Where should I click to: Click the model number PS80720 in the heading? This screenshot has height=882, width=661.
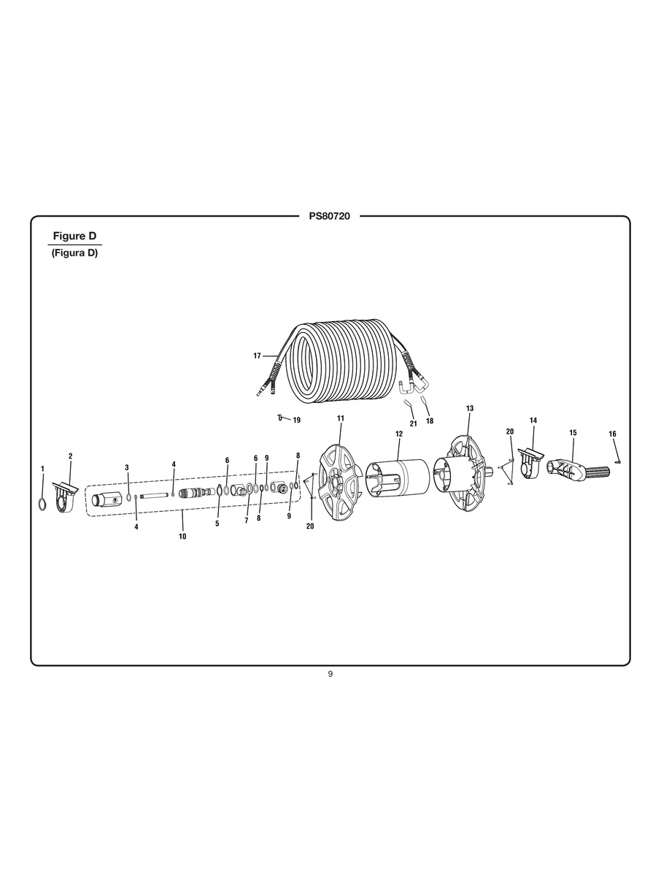(330, 216)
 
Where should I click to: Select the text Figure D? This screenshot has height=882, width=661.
(74, 237)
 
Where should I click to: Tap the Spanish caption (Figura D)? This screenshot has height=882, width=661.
(74, 253)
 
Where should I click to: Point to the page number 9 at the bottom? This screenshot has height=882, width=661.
(330, 674)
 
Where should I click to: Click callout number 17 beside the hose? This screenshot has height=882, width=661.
(257, 356)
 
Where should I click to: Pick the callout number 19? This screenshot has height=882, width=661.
(296, 420)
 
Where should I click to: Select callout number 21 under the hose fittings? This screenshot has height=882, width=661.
(413, 423)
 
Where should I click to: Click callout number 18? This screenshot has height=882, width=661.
(430, 421)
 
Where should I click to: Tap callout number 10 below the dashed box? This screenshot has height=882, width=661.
(182, 536)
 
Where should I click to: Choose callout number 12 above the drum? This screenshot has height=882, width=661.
(399, 434)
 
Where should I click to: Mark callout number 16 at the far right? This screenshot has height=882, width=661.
(612, 434)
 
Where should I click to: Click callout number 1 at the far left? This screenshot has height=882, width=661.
(42, 468)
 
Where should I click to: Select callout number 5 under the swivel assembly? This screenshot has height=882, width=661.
(217, 524)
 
